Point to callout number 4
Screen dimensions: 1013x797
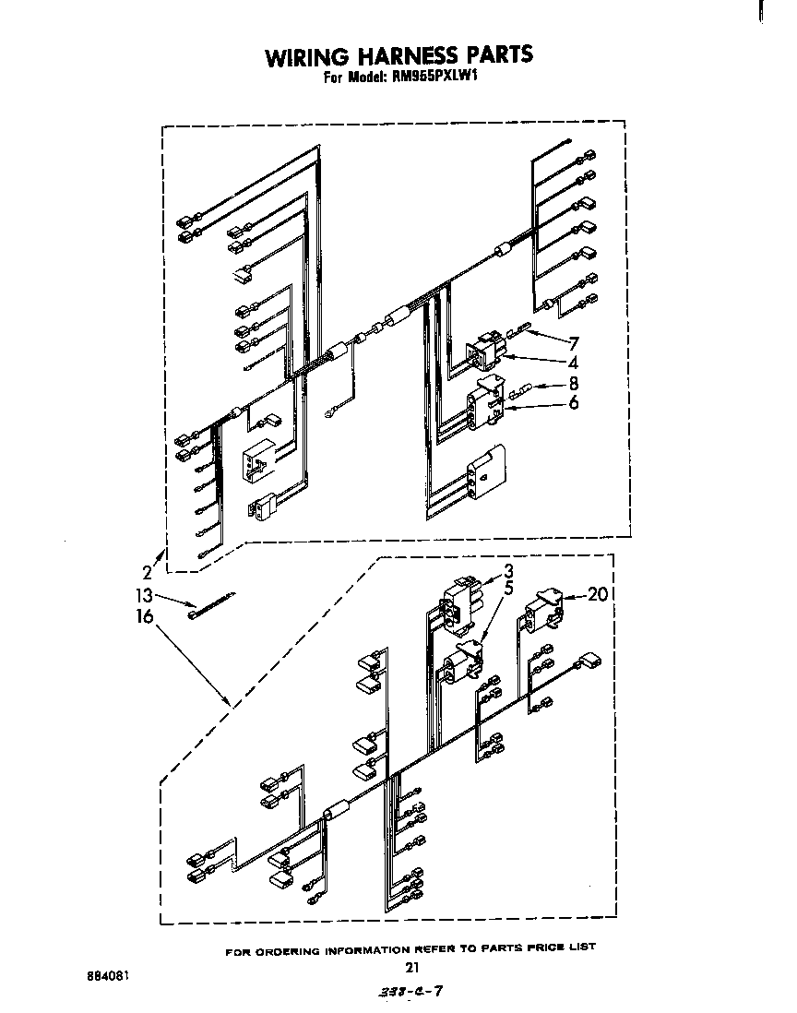573,363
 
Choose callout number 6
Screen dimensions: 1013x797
573,402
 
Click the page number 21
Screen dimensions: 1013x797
412,968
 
